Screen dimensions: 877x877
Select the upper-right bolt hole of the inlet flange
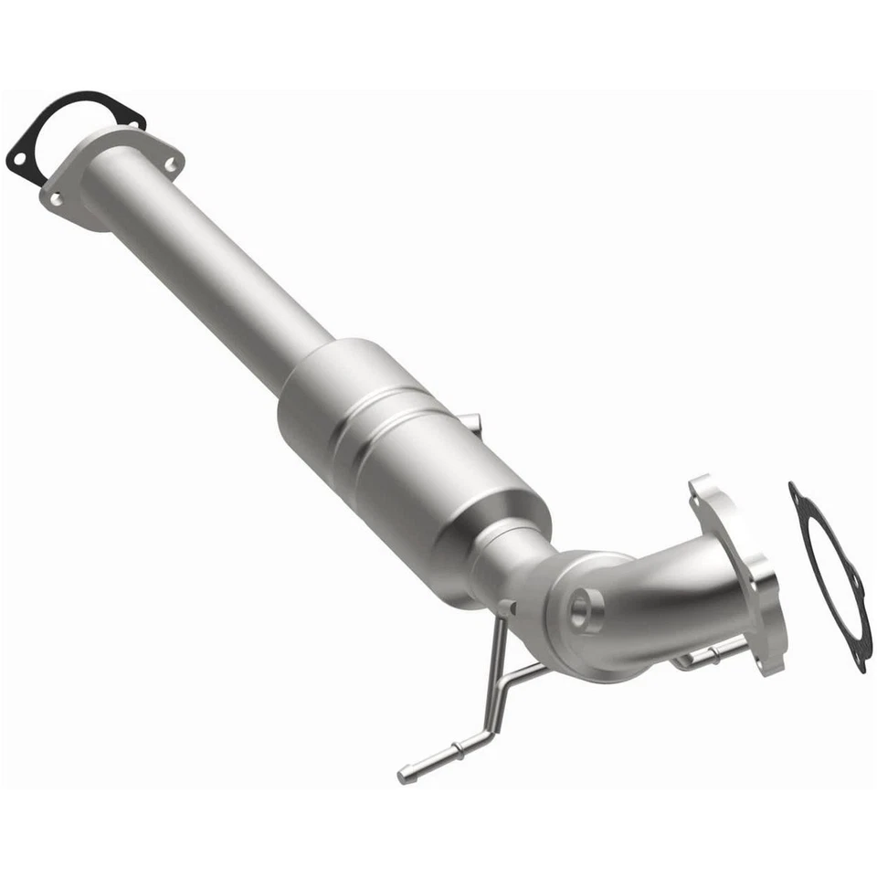[169, 164]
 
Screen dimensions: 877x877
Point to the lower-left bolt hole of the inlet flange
[56, 197]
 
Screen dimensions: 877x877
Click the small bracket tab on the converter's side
[470, 422]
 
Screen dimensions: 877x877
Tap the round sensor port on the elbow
[586, 608]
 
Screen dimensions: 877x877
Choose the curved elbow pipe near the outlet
[639, 603]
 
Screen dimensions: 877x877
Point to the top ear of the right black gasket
[797, 493]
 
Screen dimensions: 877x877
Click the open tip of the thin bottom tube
[402, 777]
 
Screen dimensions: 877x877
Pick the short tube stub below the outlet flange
[703, 656]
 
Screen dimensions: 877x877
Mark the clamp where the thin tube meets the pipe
[505, 610]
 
